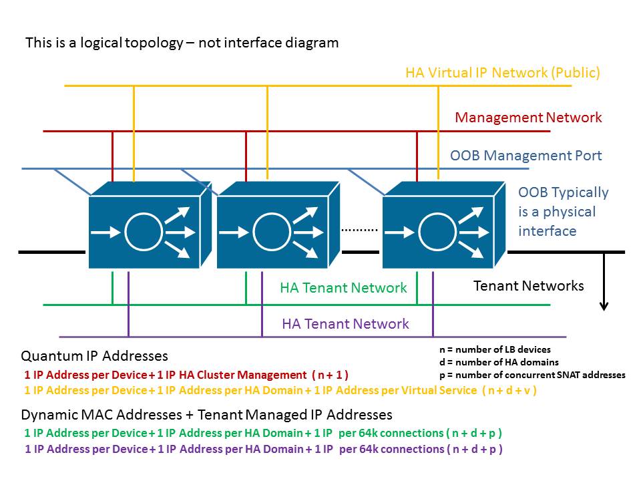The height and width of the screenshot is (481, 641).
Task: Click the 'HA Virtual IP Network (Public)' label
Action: (502, 73)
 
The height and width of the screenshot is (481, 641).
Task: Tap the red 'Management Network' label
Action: (528, 118)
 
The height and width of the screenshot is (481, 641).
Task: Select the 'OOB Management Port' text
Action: (525, 156)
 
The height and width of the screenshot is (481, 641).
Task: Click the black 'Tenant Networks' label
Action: (528, 286)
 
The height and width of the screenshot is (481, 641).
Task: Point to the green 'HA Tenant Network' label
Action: (343, 288)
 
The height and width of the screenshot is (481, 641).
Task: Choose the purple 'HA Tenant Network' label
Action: (345, 324)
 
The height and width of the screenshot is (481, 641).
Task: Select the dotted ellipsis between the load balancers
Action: (359, 230)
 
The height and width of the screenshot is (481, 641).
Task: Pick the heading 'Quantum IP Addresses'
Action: (94, 356)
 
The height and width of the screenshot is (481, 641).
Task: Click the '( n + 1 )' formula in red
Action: (330, 375)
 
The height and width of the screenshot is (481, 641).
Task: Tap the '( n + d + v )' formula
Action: (509, 390)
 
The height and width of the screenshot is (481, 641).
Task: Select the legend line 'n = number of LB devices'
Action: (494, 349)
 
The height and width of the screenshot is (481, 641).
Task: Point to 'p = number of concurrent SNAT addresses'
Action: (531, 375)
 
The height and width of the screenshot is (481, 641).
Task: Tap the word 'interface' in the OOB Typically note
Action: (547, 231)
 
